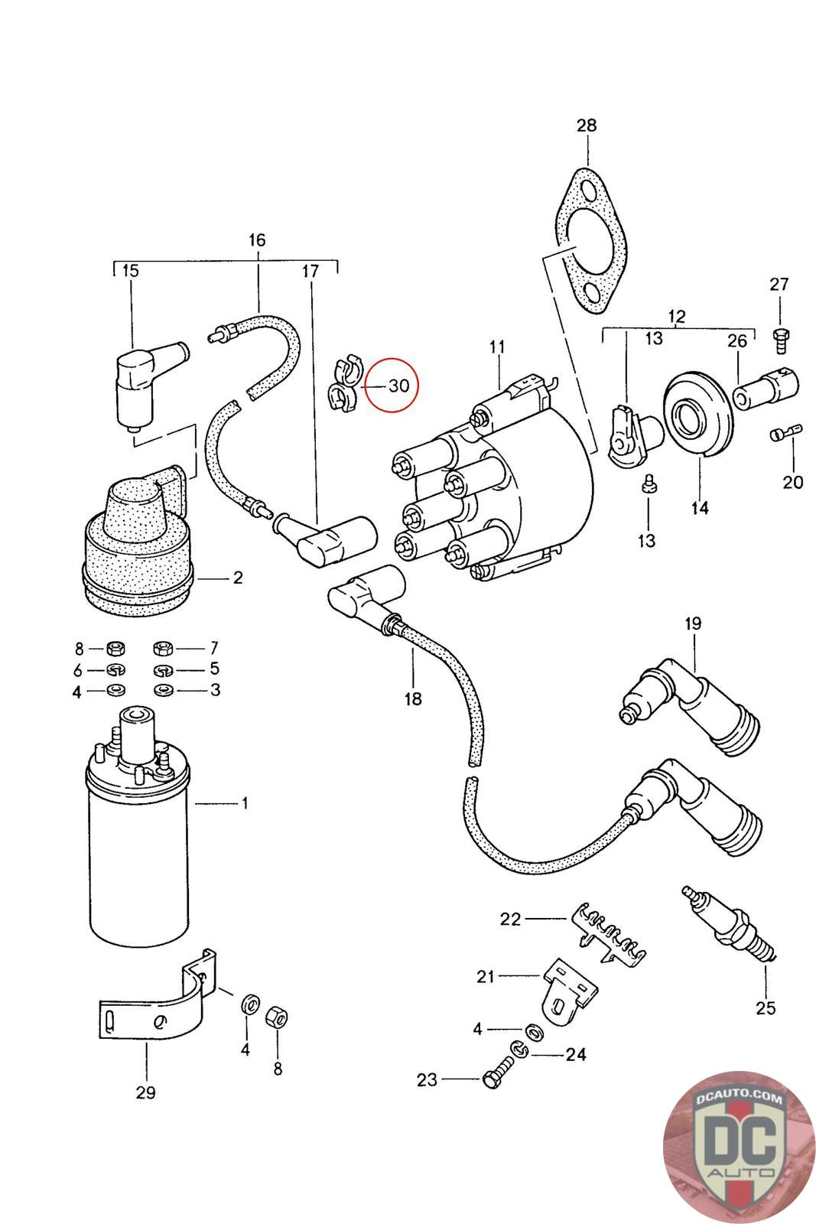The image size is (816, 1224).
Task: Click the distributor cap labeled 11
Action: (x=497, y=490)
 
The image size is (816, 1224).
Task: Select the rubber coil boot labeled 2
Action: (x=138, y=543)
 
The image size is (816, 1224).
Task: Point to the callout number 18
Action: (x=412, y=698)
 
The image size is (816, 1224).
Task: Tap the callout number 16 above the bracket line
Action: (x=257, y=240)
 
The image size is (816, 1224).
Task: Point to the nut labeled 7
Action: (x=163, y=649)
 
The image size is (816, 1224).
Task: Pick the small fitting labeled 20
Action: (x=783, y=434)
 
